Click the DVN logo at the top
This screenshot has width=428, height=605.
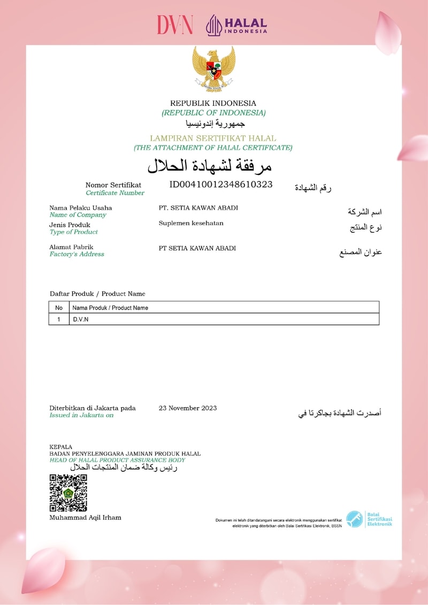pyautogui.click(x=175, y=25)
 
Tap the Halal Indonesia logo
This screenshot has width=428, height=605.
pyautogui.click(x=236, y=25)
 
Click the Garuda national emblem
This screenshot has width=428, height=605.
pyautogui.click(x=213, y=68)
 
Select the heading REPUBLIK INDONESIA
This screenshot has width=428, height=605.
pyautogui.click(x=213, y=103)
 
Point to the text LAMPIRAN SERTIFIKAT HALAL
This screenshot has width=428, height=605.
pyautogui.click(x=213, y=138)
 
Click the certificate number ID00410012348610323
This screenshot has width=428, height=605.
pyautogui.click(x=221, y=185)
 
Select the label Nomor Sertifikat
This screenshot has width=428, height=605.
pyautogui.click(x=113, y=185)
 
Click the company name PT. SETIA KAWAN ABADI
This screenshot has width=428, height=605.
pyautogui.click(x=198, y=208)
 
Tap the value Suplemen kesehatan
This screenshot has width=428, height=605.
pyautogui.click(x=191, y=223)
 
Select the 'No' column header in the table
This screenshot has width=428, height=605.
pyautogui.click(x=59, y=308)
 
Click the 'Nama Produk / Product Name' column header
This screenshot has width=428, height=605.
pyautogui.click(x=110, y=308)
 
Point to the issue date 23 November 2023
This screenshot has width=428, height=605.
pyautogui.click(x=188, y=408)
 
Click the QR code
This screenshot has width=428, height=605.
pyautogui.click(x=68, y=493)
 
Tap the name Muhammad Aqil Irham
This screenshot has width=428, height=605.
pyautogui.click(x=85, y=517)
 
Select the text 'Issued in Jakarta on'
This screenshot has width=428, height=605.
pyautogui.click(x=81, y=415)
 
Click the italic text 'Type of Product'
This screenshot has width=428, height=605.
pyautogui.click(x=74, y=232)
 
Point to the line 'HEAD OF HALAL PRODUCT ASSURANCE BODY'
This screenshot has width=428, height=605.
pyautogui.click(x=117, y=460)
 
